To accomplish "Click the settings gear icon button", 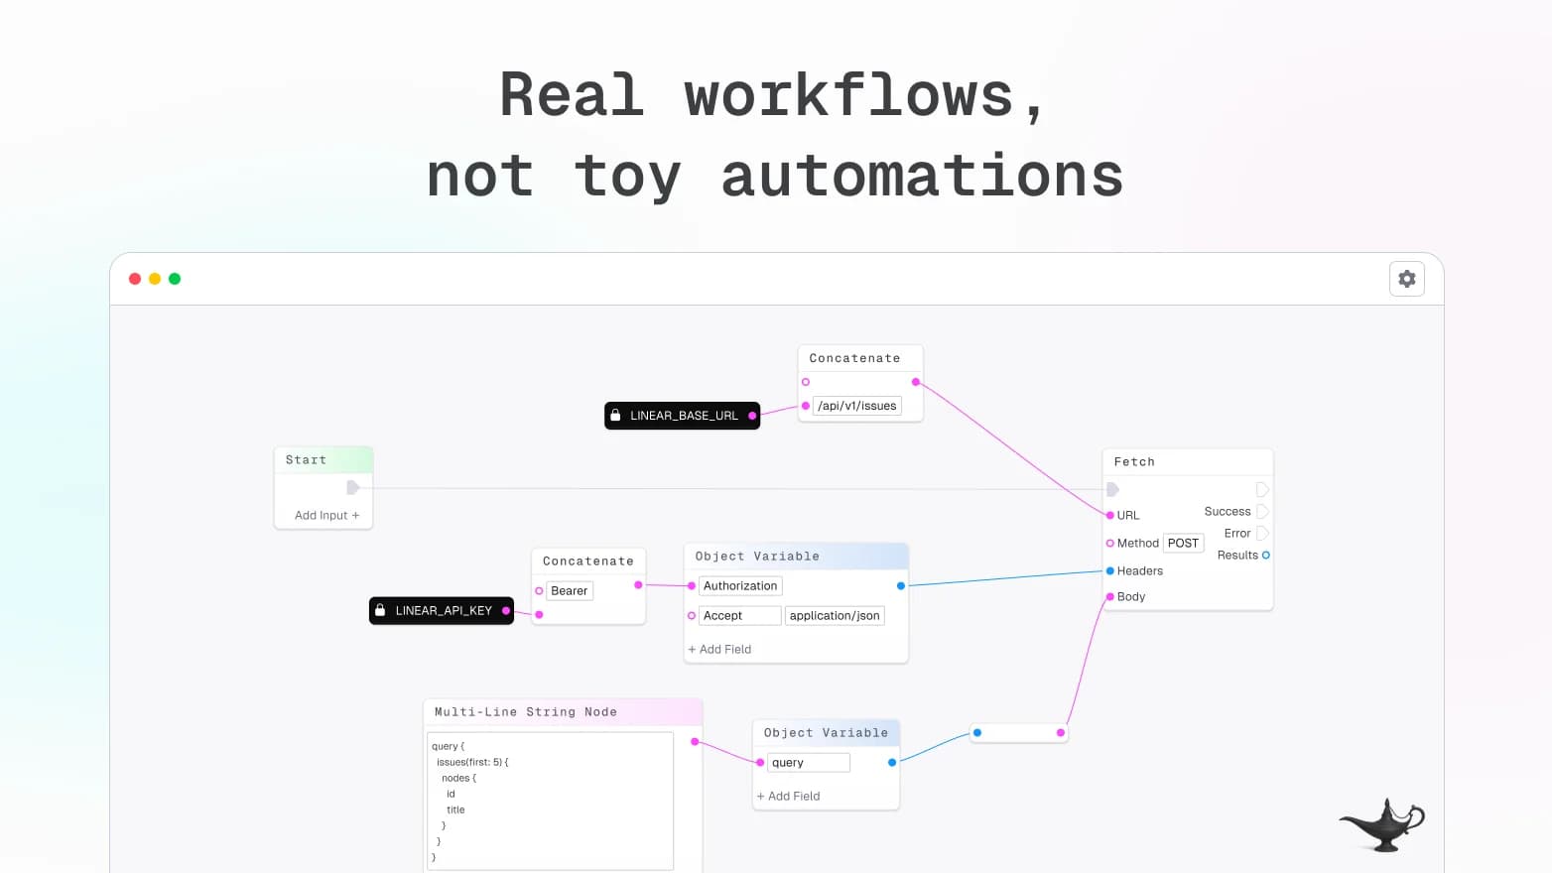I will click(1406, 279).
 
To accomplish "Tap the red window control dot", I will click(135, 279).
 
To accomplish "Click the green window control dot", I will click(175, 279).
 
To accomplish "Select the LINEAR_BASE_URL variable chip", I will click(682, 416).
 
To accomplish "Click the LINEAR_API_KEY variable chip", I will click(442, 611).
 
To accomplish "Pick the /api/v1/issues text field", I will click(856, 406).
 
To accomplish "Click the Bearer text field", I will click(570, 591).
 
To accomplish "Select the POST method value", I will click(1183, 543).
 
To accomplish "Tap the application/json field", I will click(835, 616).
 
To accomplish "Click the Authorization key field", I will click(740, 586).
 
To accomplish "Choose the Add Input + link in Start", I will click(326, 516).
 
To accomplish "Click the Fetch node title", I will click(1134, 462).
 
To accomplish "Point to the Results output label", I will click(1236, 556).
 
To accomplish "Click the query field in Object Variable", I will click(808, 763).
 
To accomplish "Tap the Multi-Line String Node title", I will click(525, 712).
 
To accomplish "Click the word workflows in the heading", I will click(848, 96).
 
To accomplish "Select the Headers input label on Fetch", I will click(1139, 571).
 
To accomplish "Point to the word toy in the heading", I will click(627, 177).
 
